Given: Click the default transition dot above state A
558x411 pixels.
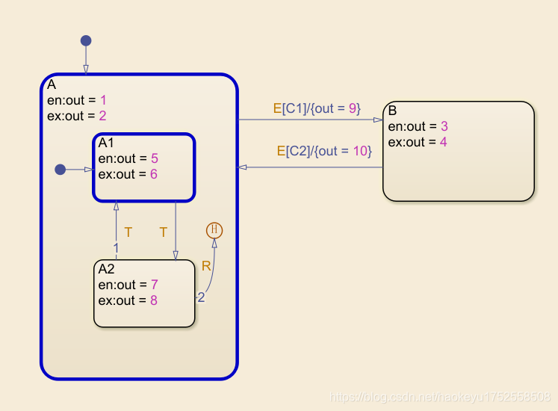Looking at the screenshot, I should tap(86, 40).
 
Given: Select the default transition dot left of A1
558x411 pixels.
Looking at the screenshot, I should tap(61, 170).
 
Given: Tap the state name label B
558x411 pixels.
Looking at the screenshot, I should tap(393, 111).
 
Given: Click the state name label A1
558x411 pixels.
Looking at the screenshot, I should tap(107, 143).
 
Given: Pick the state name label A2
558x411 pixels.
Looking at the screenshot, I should tap(107, 269).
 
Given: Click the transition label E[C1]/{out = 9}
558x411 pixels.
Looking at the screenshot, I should tap(317, 108).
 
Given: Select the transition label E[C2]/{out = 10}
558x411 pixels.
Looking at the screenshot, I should tap(323, 151).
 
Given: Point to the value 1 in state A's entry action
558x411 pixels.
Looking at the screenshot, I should tap(103, 100).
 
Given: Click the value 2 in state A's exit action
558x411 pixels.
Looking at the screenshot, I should tap(103, 116).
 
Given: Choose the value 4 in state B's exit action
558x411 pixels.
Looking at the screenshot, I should tap(443, 142).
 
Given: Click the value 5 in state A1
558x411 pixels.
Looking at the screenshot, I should tap(155, 158).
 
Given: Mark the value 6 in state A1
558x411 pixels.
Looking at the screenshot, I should tap(155, 174).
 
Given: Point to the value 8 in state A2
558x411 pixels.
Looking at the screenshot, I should tap(153, 300).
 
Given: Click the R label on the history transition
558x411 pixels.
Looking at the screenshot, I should tap(206, 266).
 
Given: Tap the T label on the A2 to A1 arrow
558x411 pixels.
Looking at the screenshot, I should tap(128, 232).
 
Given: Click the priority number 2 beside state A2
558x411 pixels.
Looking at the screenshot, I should tap(201, 297).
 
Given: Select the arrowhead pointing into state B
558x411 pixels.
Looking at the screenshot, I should tap(379, 120).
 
